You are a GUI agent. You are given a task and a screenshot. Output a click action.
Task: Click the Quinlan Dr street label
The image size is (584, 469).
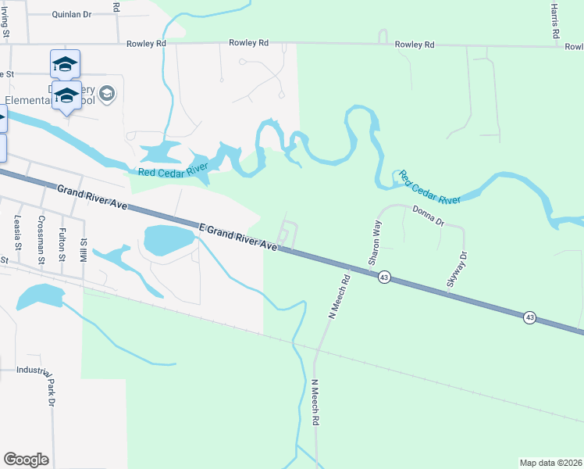(71, 14)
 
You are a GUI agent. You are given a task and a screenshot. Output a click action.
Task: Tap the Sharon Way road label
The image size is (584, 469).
(376, 234)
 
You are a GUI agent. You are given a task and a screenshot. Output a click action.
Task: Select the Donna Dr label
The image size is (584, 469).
(428, 215)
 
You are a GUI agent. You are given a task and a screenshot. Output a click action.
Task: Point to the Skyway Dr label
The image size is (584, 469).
(457, 270)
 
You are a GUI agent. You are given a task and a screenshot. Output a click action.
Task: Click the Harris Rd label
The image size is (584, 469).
(555, 20)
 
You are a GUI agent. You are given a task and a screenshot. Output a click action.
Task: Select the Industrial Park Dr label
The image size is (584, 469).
(51, 387)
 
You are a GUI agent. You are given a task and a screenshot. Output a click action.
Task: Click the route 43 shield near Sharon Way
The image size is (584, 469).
(384, 277)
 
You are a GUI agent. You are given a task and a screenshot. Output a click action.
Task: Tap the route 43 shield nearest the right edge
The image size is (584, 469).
(530, 317)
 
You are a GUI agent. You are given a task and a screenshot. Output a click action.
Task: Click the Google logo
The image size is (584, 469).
(26, 460)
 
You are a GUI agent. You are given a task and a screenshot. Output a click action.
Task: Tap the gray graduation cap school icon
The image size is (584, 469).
(107, 95)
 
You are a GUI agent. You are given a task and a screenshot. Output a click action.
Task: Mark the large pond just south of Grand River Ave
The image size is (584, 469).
(168, 239)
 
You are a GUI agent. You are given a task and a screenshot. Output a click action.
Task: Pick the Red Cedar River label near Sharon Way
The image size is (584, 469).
(429, 188)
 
